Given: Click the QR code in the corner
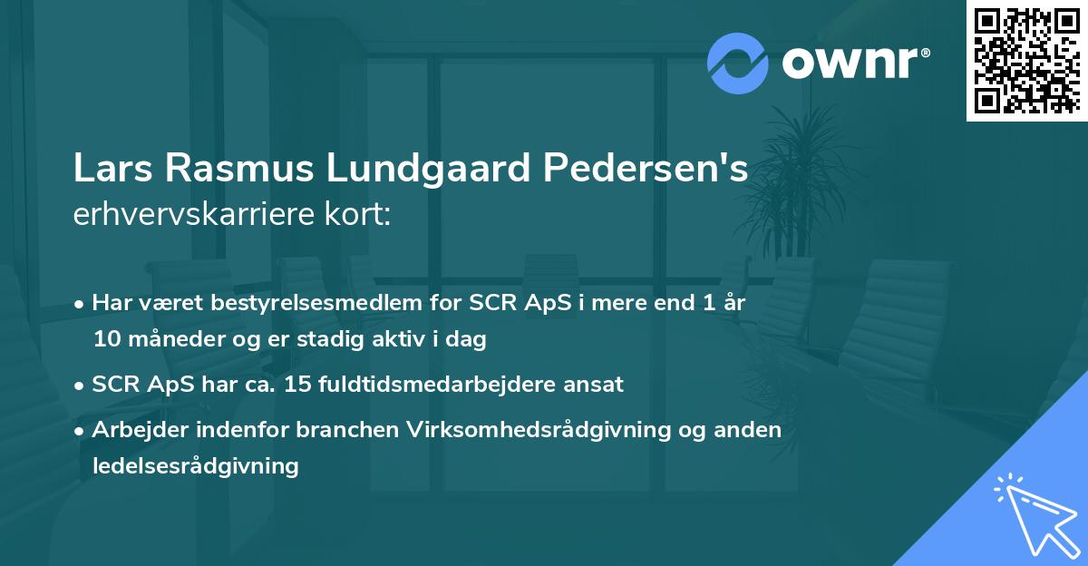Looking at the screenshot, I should coord(1027,60).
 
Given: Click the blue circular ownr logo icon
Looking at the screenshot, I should coord(738,63).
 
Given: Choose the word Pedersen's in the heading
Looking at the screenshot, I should coord(646,170).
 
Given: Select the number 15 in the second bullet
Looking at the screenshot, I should coord(298,385).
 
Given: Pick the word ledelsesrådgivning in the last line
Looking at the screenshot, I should coord(195,466).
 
